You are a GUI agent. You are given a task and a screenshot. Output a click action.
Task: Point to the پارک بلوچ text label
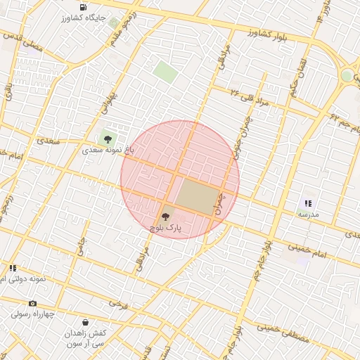click(165, 229)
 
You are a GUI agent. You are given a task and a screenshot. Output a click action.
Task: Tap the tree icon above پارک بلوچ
click(165, 217)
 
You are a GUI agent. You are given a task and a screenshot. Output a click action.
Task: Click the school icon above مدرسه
click(308, 202)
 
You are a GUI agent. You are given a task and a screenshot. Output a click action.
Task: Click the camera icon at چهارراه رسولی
click(32, 303)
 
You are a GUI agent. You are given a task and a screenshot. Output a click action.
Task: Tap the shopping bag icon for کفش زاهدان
click(85, 323)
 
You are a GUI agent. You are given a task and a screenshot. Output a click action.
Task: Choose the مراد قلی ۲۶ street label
click(250, 97)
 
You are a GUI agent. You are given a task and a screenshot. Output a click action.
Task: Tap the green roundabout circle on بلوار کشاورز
click(347, 75)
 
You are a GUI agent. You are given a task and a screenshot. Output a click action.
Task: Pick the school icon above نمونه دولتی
click(13, 268)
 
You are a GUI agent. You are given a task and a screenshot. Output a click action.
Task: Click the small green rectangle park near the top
click(165, 72)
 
